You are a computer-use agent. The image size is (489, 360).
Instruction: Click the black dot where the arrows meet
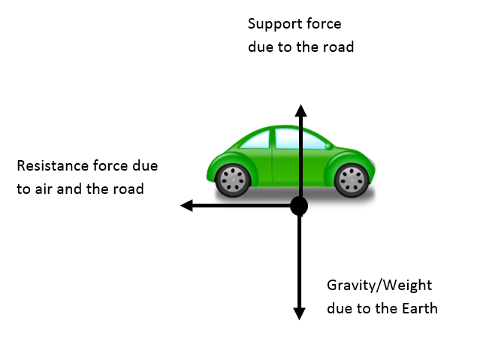click(x=299, y=205)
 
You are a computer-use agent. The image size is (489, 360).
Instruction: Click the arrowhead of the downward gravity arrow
click(x=299, y=313)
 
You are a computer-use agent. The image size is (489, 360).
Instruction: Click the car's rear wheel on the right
click(x=350, y=180)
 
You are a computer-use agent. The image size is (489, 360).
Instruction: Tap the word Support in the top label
click(x=272, y=23)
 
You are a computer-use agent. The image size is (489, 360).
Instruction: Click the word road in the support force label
click(x=338, y=47)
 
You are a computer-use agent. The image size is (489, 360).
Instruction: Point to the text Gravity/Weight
click(x=380, y=286)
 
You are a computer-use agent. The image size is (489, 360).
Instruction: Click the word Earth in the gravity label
click(x=419, y=308)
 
